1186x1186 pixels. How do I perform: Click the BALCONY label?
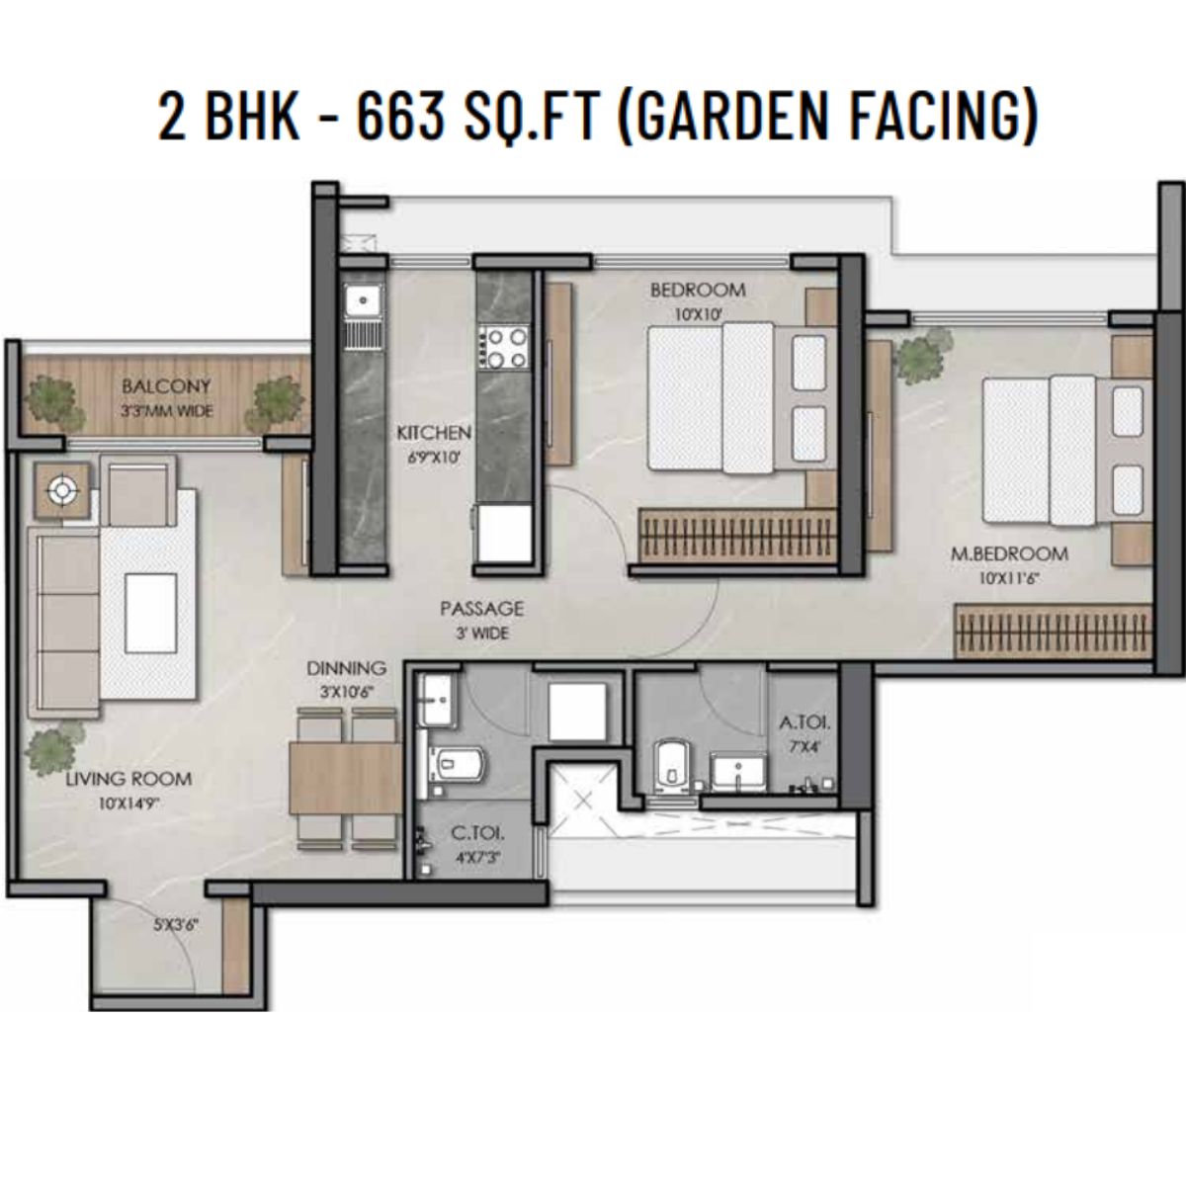[166, 386]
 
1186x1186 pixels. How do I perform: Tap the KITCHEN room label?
[433, 433]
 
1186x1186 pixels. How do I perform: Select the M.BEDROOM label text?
[1009, 553]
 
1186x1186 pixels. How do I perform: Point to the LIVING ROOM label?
[128, 779]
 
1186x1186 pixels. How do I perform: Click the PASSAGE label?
[482, 609]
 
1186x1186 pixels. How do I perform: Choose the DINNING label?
[347, 668]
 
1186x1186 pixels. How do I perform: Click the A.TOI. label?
[805, 722]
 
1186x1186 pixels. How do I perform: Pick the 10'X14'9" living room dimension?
[129, 803]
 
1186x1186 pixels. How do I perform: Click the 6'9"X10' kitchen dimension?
[434, 458]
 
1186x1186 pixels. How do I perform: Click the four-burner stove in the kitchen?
[504, 347]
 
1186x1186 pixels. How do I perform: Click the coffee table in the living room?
[151, 613]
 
